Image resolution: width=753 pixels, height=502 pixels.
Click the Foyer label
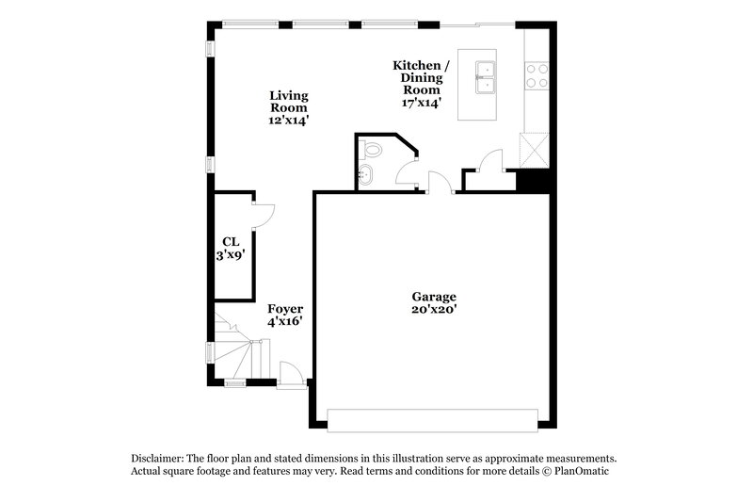pos(285,308)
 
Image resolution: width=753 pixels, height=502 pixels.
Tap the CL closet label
pos(231,241)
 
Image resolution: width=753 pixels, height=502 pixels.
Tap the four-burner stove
pos(537,75)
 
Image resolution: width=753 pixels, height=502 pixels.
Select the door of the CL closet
pos(264,215)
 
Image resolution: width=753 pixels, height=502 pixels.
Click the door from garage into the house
pos(438,183)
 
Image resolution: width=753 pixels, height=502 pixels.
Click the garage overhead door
pos(432,417)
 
